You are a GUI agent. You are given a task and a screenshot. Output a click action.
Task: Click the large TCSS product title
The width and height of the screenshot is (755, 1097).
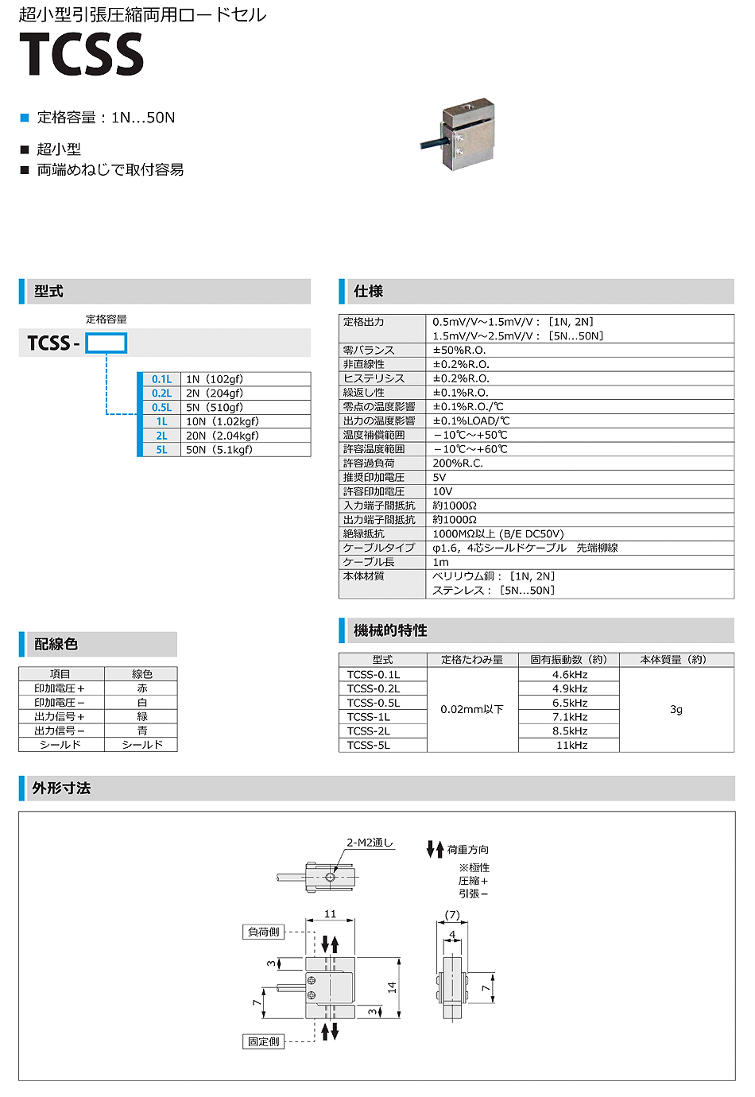click(81, 55)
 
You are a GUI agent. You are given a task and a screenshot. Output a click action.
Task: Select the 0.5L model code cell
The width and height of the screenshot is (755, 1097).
click(161, 408)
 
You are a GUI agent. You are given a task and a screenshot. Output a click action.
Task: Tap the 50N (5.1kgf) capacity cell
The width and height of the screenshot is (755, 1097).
click(219, 450)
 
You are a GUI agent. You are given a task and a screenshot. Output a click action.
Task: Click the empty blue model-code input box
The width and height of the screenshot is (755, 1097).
click(106, 343)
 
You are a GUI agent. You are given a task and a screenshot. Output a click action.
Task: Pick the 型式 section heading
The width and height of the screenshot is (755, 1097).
click(49, 292)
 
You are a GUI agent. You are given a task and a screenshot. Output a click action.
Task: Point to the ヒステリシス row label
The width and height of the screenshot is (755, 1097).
click(374, 378)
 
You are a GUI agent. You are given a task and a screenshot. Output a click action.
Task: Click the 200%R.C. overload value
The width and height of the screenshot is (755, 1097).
click(458, 463)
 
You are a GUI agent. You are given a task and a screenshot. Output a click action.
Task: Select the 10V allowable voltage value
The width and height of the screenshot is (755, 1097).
click(443, 492)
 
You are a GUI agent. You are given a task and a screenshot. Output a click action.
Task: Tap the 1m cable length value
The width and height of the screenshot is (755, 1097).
click(441, 562)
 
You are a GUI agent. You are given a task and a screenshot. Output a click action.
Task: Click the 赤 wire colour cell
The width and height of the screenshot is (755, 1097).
click(142, 688)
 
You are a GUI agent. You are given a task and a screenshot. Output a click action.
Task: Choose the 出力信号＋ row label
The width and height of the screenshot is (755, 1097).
click(60, 717)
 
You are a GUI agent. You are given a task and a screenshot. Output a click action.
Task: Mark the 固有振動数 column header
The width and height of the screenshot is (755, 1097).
click(568, 660)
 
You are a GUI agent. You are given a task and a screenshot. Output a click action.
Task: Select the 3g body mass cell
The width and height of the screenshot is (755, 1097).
click(676, 710)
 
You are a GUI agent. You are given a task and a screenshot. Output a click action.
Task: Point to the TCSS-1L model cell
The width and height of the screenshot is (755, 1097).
click(369, 717)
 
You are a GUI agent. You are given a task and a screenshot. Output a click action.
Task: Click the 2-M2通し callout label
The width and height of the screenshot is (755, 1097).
click(370, 843)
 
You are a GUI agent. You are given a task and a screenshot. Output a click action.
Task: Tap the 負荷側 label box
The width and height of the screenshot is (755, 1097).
click(264, 932)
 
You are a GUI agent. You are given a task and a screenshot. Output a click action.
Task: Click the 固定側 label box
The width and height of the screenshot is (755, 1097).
click(264, 1041)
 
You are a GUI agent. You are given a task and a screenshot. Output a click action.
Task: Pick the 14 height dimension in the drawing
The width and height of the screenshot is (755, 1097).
click(392, 987)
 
